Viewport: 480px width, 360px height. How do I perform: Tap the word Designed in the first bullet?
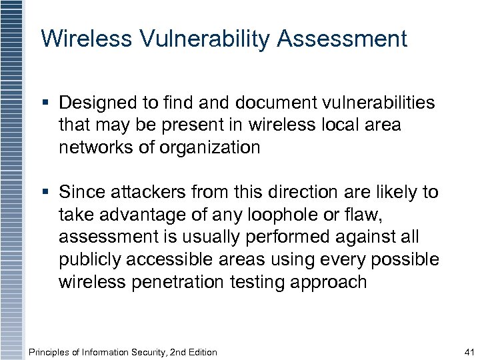[99, 103]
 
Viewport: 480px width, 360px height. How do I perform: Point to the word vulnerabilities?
[379, 103]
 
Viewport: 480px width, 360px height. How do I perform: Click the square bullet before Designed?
[46, 103]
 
